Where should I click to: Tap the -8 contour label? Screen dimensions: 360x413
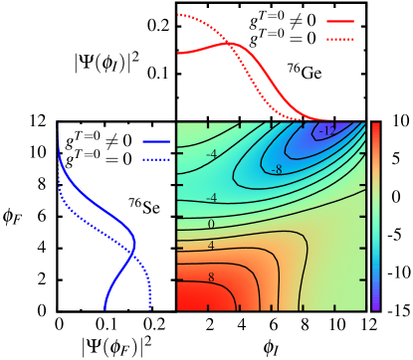tap(277, 169)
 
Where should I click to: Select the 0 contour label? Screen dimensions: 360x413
tap(211, 224)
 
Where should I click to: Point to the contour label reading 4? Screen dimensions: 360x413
tap(211, 245)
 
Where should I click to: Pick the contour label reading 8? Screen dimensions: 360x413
tap(211, 277)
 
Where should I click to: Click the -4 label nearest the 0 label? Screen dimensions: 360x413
tap(211, 198)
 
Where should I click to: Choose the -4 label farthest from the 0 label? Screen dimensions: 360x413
tap(212, 154)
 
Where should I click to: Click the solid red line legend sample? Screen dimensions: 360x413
tap(339, 21)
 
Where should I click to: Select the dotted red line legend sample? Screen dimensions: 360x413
tap(339, 40)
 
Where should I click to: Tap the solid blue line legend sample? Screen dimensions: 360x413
tap(157, 141)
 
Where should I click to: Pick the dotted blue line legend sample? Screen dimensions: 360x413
tap(157, 158)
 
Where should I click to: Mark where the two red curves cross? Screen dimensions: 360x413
tap(229, 43)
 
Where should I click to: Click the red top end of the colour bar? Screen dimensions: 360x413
tap(375, 127)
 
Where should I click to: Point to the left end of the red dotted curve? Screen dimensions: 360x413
tap(178, 15)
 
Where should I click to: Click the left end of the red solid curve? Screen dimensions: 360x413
tap(178, 52)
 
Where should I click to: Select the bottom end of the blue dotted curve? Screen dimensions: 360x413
tap(149, 308)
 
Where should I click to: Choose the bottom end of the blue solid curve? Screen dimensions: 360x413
tap(104, 308)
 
